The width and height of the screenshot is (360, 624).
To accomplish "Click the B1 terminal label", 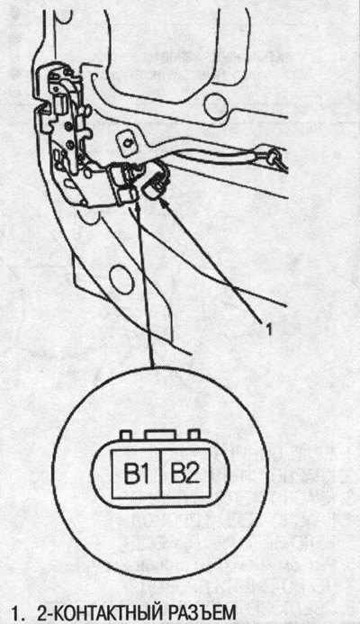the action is click(x=137, y=474).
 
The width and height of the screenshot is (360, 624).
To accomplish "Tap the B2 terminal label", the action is click(x=184, y=474).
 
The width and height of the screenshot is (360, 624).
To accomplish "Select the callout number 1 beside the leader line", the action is click(x=269, y=330).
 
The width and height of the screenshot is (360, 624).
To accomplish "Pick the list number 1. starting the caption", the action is click(x=17, y=613).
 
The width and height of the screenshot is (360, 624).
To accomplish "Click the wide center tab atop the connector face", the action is click(x=160, y=435).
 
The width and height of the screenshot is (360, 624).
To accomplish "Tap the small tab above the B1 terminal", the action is click(x=127, y=435).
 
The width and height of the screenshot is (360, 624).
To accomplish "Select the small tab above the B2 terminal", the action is click(x=193, y=435).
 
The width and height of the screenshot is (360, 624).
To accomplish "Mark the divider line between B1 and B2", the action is click(x=161, y=474).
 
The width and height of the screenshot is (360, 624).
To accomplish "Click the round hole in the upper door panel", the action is click(x=215, y=104).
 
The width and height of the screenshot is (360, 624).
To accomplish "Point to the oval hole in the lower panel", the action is click(x=121, y=280).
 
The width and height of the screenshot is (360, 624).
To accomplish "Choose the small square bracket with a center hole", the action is click(x=127, y=142).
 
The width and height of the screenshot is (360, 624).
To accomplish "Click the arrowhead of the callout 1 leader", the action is click(x=165, y=203).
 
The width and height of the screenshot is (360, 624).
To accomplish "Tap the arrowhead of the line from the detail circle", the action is click(x=138, y=203).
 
